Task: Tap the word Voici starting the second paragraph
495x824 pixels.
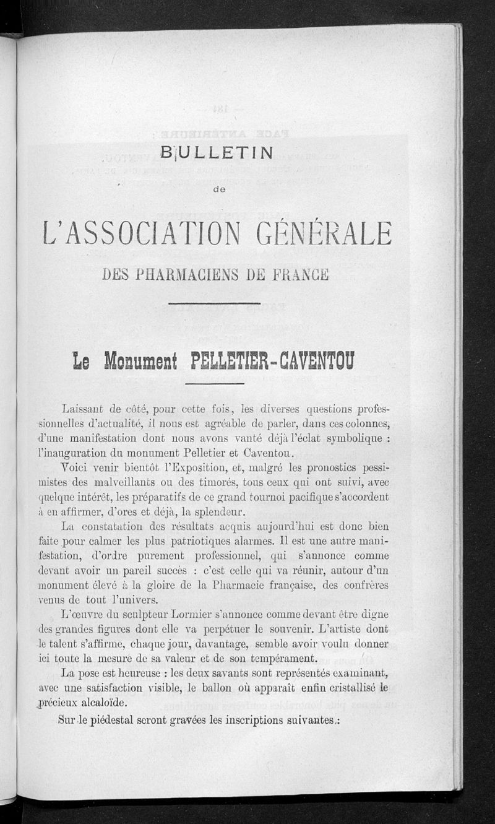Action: coord(77,466)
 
